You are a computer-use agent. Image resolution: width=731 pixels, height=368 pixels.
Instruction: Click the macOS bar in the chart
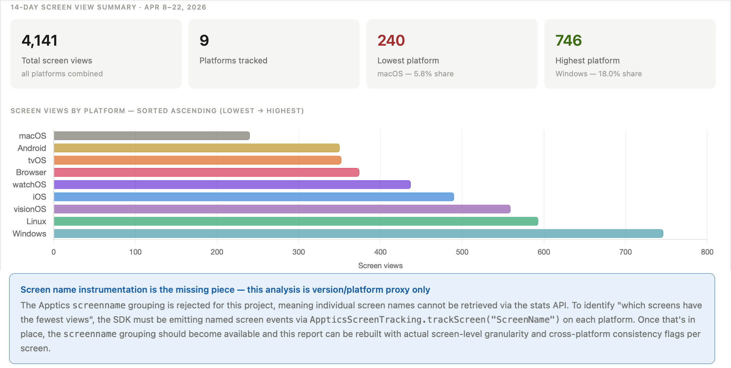(x=152, y=136)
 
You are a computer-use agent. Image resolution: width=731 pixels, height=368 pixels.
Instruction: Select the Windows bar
(x=358, y=233)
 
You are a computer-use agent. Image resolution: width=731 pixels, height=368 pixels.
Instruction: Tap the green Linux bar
(x=296, y=221)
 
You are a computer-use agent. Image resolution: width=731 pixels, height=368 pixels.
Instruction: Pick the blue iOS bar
(x=254, y=197)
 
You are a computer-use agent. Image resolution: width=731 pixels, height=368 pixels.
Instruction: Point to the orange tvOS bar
(x=197, y=160)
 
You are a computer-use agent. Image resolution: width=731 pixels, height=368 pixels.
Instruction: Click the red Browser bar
(x=206, y=172)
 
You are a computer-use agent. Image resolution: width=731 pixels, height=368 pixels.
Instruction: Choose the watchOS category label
(x=29, y=185)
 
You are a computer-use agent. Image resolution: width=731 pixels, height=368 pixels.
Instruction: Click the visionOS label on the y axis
(x=30, y=209)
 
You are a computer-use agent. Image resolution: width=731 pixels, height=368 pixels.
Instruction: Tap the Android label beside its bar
(x=32, y=148)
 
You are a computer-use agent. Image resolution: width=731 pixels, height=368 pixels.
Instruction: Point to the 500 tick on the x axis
(x=462, y=252)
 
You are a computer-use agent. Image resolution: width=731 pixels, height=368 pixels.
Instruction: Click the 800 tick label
(x=707, y=252)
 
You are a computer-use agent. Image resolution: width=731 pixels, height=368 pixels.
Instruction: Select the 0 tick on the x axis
(x=53, y=252)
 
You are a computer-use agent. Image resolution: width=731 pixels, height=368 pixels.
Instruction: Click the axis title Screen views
(x=380, y=266)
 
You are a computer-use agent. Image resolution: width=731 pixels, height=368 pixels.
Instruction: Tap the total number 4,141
(x=39, y=41)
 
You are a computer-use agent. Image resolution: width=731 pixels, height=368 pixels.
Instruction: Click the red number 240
(x=391, y=41)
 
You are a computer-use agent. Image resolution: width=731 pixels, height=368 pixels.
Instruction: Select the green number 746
(x=568, y=41)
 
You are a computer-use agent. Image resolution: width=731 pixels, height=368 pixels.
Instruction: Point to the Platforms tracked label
(x=233, y=61)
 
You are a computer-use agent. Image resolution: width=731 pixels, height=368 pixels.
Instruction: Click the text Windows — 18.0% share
(x=598, y=74)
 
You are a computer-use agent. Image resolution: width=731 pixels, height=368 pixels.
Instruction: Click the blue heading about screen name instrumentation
(x=225, y=290)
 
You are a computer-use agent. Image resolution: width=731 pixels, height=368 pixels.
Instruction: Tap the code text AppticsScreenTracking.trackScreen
(x=397, y=320)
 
